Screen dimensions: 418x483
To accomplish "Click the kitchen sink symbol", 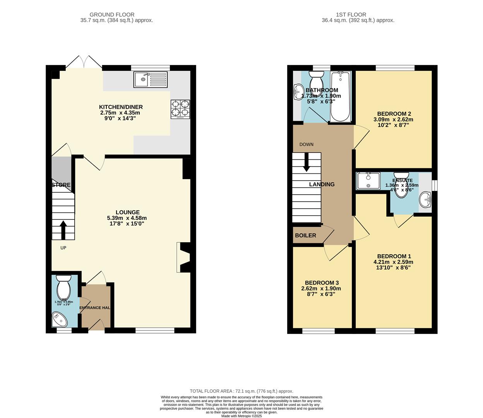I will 150,80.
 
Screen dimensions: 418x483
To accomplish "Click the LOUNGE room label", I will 127,212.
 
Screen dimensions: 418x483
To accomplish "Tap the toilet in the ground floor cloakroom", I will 63,287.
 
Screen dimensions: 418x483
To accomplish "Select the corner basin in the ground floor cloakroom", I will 59,320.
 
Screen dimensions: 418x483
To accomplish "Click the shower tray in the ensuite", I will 368,181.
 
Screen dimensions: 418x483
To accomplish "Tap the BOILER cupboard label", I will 305,235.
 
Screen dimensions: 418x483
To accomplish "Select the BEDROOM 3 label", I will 321,283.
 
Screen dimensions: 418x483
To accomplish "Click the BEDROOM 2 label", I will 394,113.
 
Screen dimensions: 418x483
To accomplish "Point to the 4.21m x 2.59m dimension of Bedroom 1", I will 394,262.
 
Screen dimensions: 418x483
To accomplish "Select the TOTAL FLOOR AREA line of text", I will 241,391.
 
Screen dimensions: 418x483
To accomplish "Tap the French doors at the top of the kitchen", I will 84,63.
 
